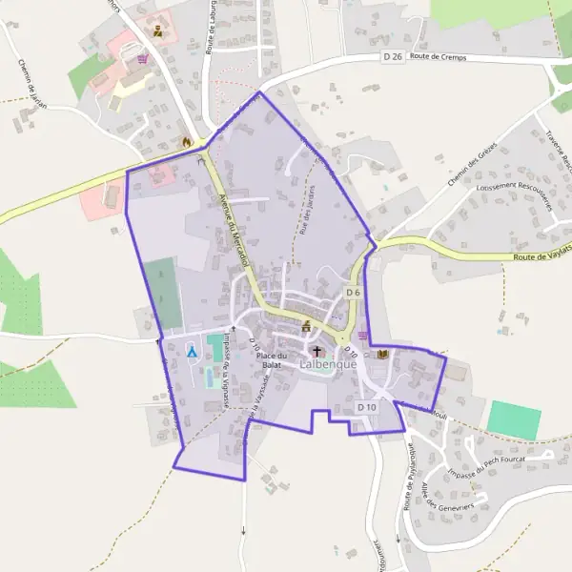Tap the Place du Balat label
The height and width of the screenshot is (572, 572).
point(271,360)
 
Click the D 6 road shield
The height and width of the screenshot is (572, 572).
point(353,292)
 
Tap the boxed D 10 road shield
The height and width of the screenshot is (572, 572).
point(367,407)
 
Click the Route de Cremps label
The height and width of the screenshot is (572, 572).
point(439,57)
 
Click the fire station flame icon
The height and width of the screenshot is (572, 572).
point(187,142)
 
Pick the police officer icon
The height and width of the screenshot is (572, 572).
point(157,31)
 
